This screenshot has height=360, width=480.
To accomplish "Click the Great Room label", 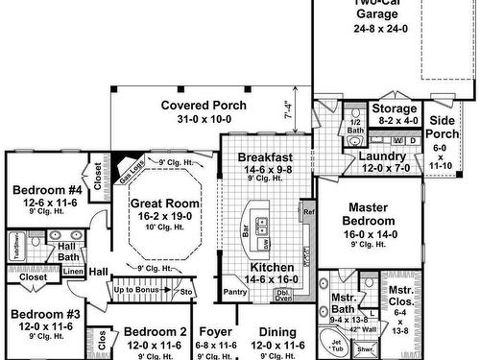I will coord(165,203).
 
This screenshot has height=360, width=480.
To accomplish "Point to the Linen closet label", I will coord(74,272).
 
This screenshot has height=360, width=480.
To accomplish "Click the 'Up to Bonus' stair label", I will coord(137,289).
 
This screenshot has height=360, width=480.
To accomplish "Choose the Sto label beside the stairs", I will coord(186,290).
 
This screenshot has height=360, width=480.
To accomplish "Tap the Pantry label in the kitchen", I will coord(235,290).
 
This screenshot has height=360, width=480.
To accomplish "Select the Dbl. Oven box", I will coord(284,296).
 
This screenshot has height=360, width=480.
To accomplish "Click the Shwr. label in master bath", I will coord(365,349).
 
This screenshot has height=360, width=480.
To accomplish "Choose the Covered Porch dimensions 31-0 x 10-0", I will coord(203,119).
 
